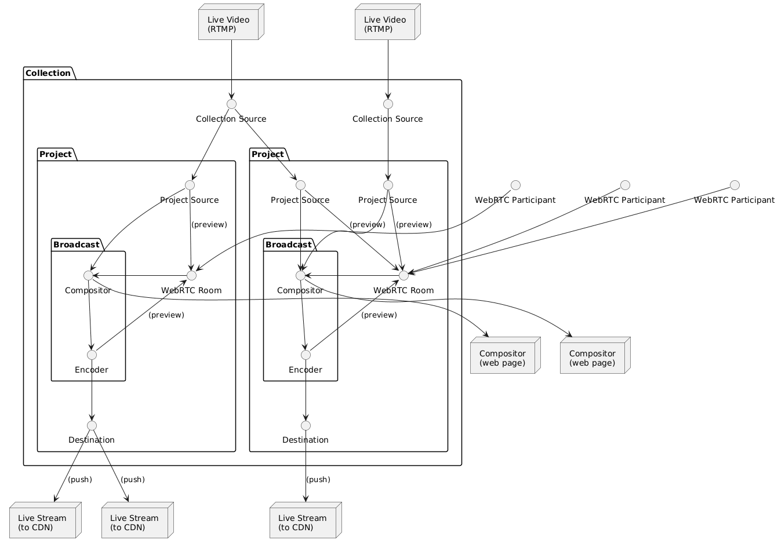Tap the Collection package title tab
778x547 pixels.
pos(49,73)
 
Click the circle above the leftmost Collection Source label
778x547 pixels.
pos(231,104)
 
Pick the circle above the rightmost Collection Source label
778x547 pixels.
pos(388,104)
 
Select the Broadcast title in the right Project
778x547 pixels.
pos(288,245)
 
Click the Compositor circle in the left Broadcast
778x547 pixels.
pos(88,275)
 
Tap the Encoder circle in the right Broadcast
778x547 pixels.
pos(306,355)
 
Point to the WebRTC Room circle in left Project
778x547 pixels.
pos(191,275)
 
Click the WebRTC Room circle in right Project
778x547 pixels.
pos(403,275)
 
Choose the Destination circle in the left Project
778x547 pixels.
pos(92,425)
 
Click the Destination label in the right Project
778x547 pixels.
pos(306,440)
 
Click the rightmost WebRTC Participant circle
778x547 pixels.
pos(735,185)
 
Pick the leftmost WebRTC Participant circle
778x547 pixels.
pos(515,185)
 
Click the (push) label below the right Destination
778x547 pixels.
pos(318,480)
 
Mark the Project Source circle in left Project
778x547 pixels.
pos(190,185)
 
